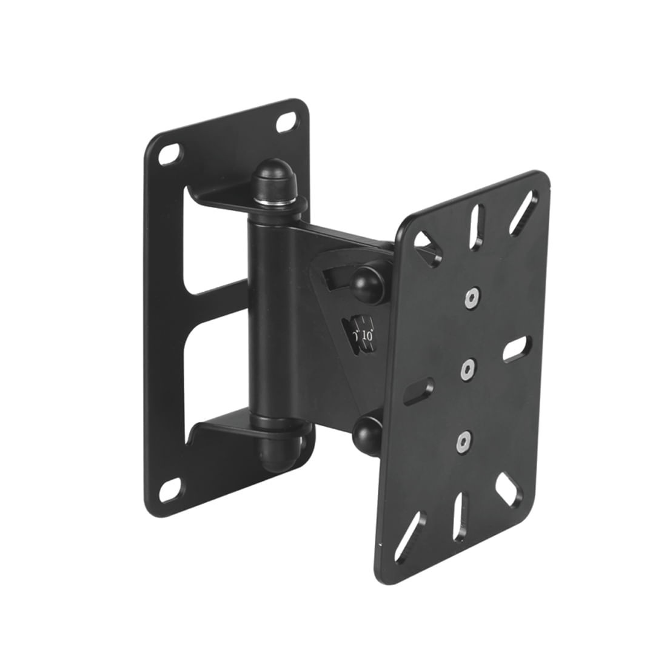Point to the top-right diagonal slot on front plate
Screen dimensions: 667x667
point(523,212)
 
